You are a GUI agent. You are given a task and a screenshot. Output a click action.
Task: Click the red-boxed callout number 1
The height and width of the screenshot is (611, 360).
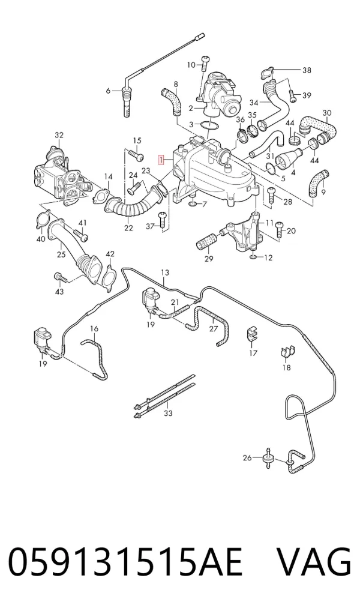coord(160,160)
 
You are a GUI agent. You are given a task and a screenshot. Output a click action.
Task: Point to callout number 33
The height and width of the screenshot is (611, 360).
coord(168,413)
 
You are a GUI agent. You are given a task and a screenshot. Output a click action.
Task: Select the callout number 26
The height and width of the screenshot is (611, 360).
coord(247,458)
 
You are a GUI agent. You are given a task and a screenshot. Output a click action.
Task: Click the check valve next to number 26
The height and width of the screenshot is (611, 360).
coord(268,459)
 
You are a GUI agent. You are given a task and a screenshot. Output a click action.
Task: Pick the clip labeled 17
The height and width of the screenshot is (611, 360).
coord(253,332)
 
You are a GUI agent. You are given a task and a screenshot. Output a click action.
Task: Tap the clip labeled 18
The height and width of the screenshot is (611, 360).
coord(287,352)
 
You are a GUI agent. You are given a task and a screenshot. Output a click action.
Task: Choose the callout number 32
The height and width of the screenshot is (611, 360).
coord(59,135)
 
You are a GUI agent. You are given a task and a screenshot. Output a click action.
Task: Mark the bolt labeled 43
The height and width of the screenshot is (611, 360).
coord(59,277)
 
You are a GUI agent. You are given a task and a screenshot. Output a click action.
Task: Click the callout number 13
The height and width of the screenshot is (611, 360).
coord(165,272)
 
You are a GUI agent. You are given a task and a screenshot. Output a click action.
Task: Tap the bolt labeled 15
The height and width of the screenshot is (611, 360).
coord(136,155)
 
